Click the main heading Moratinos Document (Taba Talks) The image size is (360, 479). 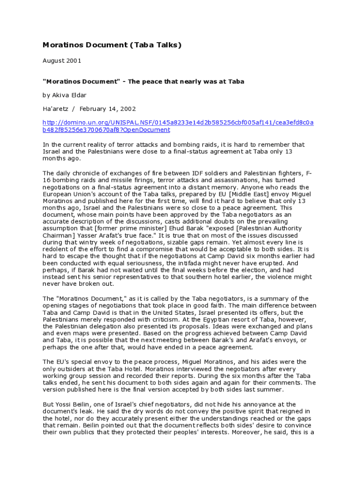pos(112,45)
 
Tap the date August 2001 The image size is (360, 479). pos(58,61)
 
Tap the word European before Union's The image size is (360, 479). pos(58,194)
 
